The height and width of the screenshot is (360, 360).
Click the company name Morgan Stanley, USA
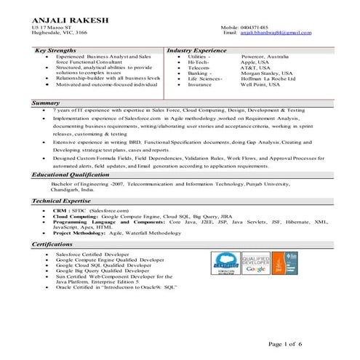pyautogui.click(x=241, y=73)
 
